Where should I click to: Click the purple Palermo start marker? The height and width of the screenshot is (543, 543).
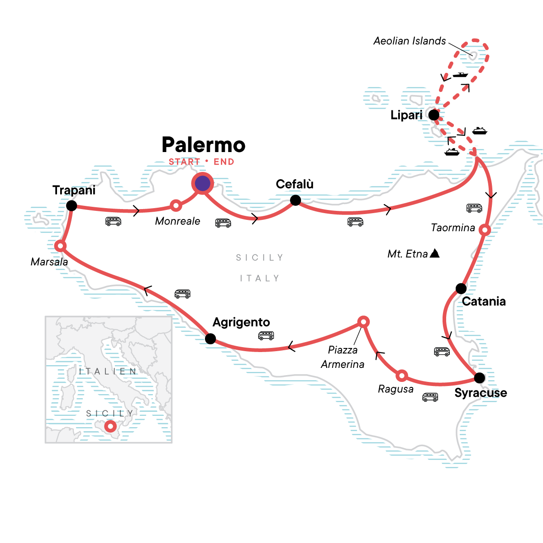point(202,183)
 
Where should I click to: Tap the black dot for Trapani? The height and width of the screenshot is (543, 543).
point(71,206)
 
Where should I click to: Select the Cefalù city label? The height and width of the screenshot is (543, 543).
point(295,184)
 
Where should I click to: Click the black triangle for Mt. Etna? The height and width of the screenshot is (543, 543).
point(434,253)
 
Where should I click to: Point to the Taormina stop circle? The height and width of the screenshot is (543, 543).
point(485,230)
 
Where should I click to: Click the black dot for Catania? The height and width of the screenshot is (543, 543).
point(461,288)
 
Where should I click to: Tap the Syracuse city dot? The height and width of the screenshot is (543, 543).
point(479,377)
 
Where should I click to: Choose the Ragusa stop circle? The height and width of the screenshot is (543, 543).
point(401,376)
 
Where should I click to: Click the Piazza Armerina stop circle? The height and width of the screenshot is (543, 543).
point(363,322)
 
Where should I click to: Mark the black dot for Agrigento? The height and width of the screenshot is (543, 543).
point(210,338)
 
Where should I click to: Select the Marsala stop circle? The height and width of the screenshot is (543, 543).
point(60,246)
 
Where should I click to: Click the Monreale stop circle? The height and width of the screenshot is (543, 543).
point(176,205)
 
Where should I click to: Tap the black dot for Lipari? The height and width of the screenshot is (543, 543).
point(433,115)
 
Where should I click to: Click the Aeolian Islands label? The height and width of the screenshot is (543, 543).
point(410,41)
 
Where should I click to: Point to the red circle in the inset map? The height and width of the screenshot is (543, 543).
point(110,426)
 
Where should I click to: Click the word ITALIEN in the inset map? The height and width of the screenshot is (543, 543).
point(108,372)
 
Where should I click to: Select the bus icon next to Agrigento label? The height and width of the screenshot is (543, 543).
point(266,336)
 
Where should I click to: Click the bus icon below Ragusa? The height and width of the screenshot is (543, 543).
point(430,397)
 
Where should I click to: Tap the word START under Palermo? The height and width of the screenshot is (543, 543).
point(184,162)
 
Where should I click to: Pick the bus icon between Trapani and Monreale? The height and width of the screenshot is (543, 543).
point(113,221)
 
